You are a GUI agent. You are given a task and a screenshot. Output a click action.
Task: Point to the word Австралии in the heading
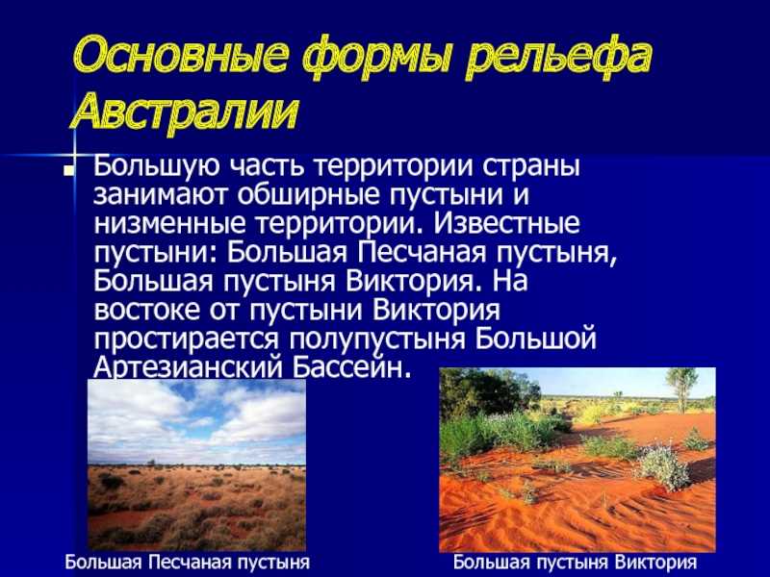[x=185, y=111]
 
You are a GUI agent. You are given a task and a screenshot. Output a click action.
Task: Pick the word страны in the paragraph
[x=530, y=167]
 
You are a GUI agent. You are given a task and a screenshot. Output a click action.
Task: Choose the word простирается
[x=187, y=339]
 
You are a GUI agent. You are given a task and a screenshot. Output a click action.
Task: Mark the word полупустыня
[x=377, y=339]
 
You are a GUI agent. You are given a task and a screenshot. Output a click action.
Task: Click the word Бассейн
[x=351, y=367]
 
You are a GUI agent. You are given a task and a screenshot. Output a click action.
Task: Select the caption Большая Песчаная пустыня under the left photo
[x=188, y=563]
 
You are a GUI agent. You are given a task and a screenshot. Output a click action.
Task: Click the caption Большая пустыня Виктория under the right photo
[x=575, y=563]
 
